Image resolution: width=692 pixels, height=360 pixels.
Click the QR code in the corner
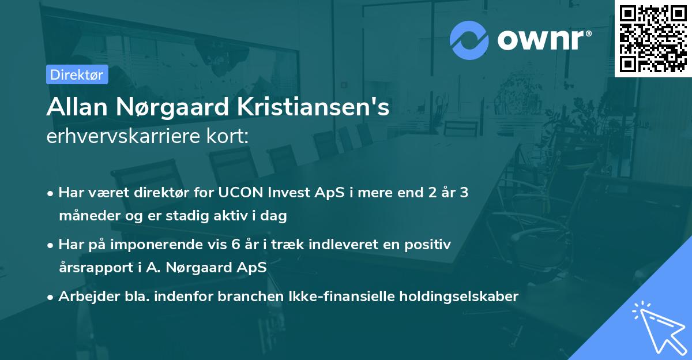pos(653,38)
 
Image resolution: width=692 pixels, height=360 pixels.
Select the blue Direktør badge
pos(77,74)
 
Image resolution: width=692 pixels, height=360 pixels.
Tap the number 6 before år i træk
pos(235,245)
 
